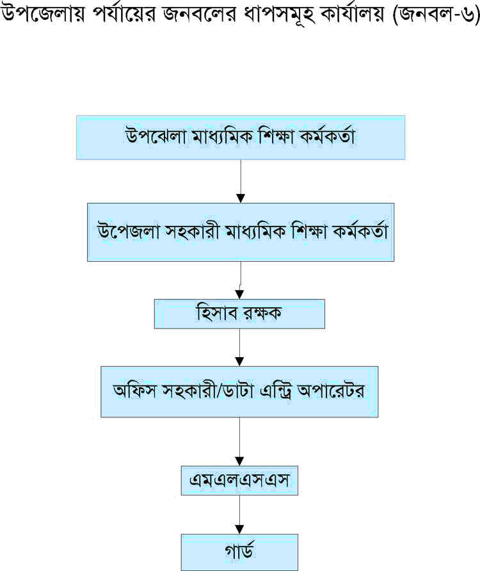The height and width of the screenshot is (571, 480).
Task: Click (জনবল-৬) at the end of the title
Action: pos(436,15)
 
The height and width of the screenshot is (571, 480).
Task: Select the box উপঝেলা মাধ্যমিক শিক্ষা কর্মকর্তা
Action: pos(241,138)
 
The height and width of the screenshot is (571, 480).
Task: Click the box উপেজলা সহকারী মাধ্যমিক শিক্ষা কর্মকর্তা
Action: pos(241,232)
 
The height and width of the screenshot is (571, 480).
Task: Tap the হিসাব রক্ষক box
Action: pos(239,314)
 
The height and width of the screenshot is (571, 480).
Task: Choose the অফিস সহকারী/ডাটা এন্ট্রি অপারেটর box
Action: pos(239,392)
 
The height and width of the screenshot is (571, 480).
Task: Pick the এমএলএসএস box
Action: pos(239,480)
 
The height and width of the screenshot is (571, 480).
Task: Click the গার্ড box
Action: pos(239,552)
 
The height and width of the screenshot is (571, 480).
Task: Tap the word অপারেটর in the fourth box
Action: pos(331,390)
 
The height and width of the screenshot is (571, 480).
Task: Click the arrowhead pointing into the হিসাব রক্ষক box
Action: pos(239,294)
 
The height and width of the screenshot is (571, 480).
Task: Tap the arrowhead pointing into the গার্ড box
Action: pos(239,529)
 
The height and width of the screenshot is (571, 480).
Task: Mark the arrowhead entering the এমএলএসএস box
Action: pos(239,461)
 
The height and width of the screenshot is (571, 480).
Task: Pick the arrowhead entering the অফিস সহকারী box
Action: pos(239,362)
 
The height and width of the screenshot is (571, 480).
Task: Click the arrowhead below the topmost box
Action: pos(241,198)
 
